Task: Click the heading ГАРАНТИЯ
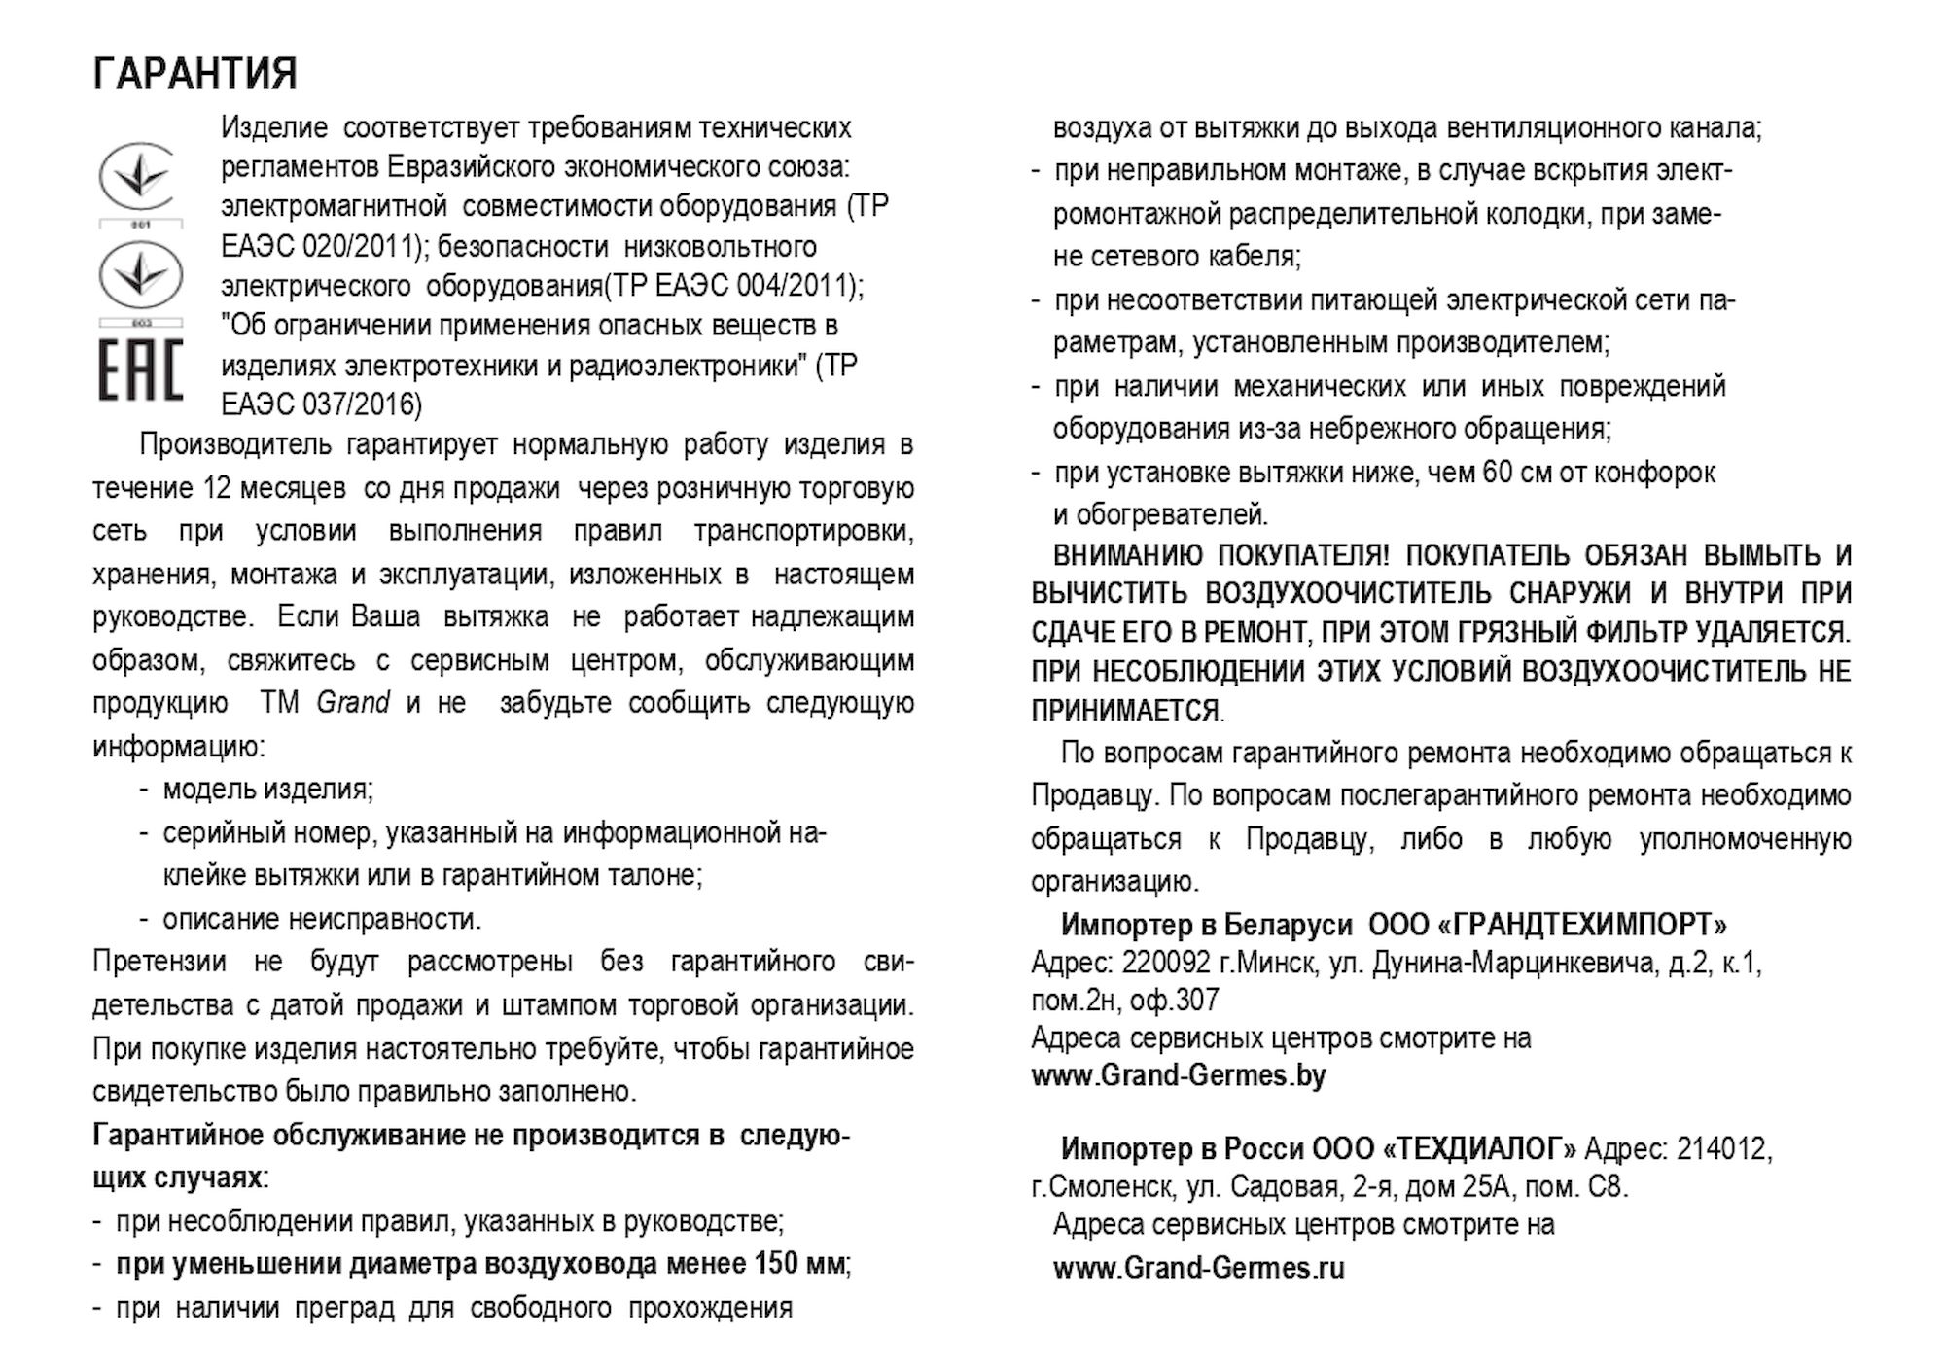[x=194, y=75]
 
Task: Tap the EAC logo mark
[x=140, y=370]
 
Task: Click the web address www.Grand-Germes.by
[x=1178, y=1076]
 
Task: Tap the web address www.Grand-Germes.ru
[x=1199, y=1268]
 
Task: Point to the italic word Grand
[x=353, y=702]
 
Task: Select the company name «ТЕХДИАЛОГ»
[x=1478, y=1149]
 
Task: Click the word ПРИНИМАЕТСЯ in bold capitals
[x=1124, y=711]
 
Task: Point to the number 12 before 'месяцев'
[x=216, y=488]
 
